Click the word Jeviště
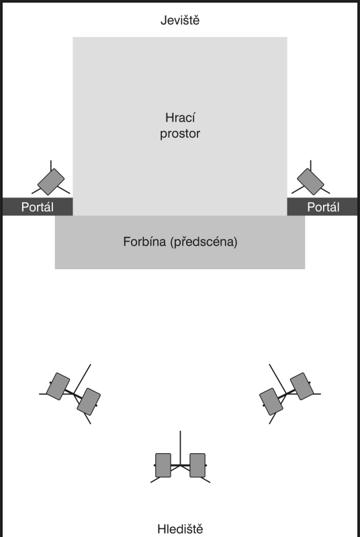tap(180, 21)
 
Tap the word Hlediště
tap(180, 528)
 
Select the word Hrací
tap(180, 118)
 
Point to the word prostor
tap(180, 134)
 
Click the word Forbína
tap(144, 242)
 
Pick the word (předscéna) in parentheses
tap(204, 242)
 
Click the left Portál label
tap(38, 207)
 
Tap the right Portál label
tap(323, 207)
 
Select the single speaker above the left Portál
tap(51, 182)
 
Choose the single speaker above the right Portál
tap(310, 182)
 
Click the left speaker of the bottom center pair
tap(163, 465)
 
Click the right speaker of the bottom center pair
tap(197, 465)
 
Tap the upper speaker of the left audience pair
tap(58, 387)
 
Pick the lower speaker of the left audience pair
tap(89, 401)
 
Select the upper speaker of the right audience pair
tap(302, 387)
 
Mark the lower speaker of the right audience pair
tap(271, 401)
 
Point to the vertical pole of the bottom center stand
tap(180, 448)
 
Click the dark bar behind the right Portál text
tap(322, 207)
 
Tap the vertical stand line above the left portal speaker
tap(51, 165)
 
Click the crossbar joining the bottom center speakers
tap(180, 465)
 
